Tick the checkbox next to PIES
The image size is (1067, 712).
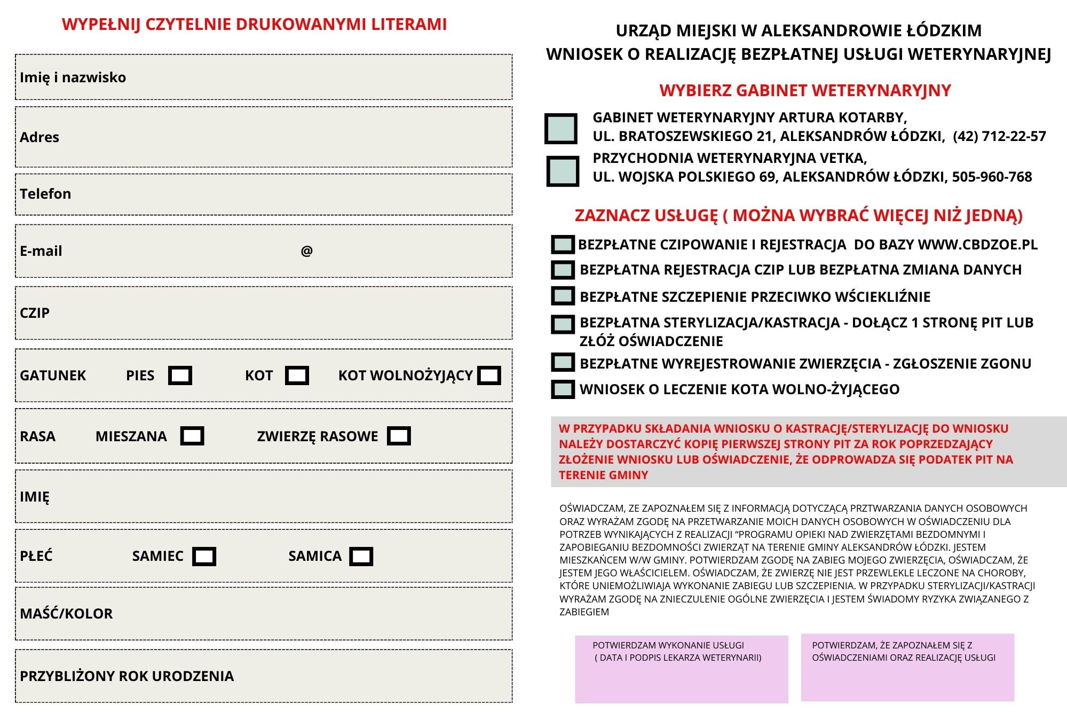(180, 375)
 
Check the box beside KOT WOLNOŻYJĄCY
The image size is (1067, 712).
(489, 375)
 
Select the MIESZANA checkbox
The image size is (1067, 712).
(192, 436)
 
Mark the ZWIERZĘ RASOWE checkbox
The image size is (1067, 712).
(399, 436)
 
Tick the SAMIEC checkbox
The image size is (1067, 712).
(204, 556)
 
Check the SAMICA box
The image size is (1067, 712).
(361, 556)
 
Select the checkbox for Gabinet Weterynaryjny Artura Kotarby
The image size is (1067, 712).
(561, 129)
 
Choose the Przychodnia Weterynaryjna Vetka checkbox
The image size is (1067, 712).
(563, 171)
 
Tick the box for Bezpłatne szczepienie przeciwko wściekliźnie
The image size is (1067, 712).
(563, 296)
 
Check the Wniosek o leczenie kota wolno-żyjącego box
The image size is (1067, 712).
(563, 389)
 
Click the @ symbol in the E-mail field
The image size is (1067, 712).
(306, 251)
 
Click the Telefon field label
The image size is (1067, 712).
(45, 193)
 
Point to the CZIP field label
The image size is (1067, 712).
(35, 312)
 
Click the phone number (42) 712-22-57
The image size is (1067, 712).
(999, 136)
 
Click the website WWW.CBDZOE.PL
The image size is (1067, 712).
(977, 245)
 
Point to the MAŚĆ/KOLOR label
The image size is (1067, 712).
(66, 613)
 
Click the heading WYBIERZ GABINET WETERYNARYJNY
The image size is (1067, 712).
(805, 90)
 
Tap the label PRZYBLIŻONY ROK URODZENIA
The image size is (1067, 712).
(127, 676)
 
